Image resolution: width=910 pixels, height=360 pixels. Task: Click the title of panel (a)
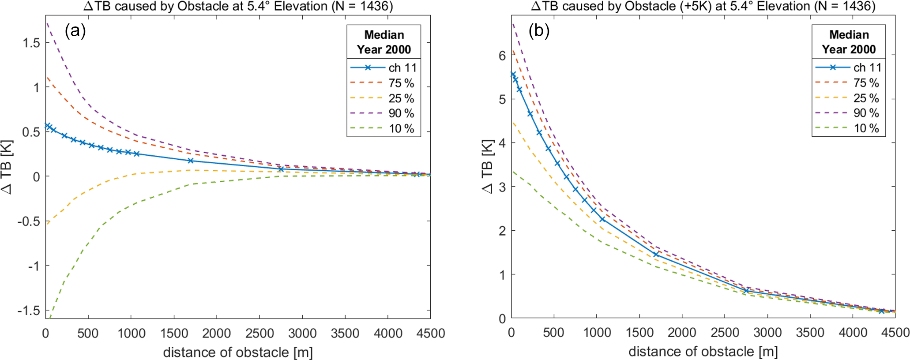tap(238, 6)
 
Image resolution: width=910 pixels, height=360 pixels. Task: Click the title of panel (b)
tap(703, 6)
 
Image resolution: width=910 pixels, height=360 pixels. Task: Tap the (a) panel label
tap(75, 30)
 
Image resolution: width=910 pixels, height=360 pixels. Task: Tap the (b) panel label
tap(539, 30)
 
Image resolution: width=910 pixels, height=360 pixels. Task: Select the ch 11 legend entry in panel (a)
tap(383, 67)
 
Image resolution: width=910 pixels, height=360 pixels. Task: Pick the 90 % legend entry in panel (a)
tap(383, 113)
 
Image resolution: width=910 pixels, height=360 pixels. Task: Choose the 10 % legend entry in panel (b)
tap(848, 128)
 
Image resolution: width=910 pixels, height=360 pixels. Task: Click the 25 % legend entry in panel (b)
tap(848, 98)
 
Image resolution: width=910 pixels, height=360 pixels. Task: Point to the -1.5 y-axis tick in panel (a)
tap(29, 311)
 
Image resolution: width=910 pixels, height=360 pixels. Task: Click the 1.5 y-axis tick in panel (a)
tap(31, 43)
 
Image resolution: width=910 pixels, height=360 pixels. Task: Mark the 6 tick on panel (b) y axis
tap(502, 56)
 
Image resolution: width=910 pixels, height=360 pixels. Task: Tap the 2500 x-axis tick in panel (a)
tap(259, 334)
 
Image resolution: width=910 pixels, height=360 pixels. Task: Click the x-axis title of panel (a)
tap(238, 352)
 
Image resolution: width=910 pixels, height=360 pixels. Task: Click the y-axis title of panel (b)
tap(487, 167)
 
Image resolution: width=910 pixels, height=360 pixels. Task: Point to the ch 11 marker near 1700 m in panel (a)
tap(191, 161)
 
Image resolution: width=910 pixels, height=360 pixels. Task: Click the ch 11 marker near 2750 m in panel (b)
tap(746, 291)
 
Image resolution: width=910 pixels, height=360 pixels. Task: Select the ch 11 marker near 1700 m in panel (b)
tap(656, 255)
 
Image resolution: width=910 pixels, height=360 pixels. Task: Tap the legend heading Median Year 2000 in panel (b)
tap(849, 42)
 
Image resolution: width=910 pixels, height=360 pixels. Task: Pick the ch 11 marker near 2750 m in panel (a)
tap(281, 169)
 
